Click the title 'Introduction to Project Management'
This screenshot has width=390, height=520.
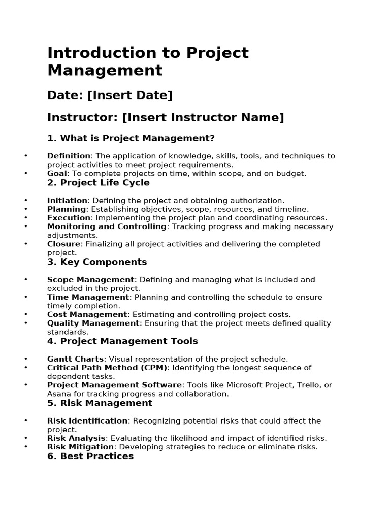click(x=148, y=61)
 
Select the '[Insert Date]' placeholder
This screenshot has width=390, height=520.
click(x=130, y=95)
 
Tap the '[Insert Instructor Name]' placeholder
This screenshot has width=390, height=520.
click(x=203, y=118)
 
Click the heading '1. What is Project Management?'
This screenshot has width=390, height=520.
click(x=131, y=138)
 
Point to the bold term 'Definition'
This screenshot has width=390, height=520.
click(x=69, y=156)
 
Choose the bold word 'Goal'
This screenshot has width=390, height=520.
click(x=57, y=173)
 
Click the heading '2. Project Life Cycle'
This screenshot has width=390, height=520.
click(x=99, y=183)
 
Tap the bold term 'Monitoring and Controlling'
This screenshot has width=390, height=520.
click(x=107, y=226)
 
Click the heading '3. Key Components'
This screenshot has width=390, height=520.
click(x=97, y=262)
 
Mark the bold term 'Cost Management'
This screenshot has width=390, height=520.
click(x=87, y=314)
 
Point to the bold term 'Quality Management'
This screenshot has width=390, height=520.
click(x=93, y=323)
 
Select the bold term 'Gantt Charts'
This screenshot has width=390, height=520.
click(x=75, y=359)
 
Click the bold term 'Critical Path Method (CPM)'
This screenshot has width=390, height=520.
click(x=107, y=367)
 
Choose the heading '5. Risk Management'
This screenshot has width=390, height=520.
click(x=100, y=403)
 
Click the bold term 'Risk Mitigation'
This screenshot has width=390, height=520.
click(x=80, y=447)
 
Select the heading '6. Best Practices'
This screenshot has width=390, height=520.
click(x=90, y=456)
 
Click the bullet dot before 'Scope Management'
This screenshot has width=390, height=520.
click(x=25, y=280)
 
